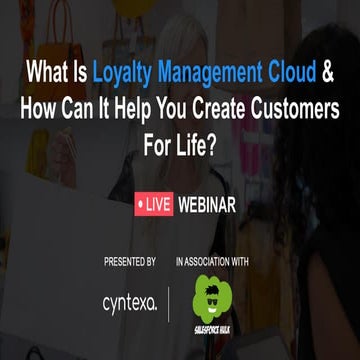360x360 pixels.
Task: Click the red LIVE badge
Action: point(153,206)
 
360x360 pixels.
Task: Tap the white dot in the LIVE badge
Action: point(141,206)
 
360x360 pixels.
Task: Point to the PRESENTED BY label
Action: point(129,262)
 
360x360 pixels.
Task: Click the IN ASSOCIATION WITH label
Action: point(212,262)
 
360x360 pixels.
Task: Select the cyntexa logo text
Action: point(129,301)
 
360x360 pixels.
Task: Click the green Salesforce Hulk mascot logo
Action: point(210,301)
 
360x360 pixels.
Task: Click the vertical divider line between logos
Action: point(169,301)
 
